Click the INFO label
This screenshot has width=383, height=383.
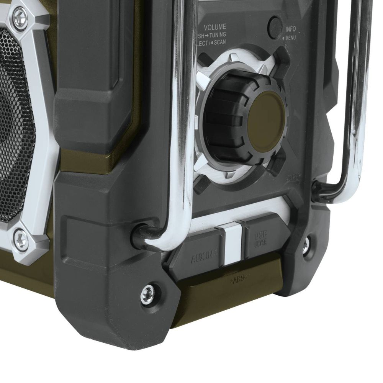tap(290, 29)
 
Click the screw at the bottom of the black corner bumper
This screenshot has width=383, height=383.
tap(147, 294)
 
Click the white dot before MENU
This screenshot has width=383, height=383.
tap(283, 38)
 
